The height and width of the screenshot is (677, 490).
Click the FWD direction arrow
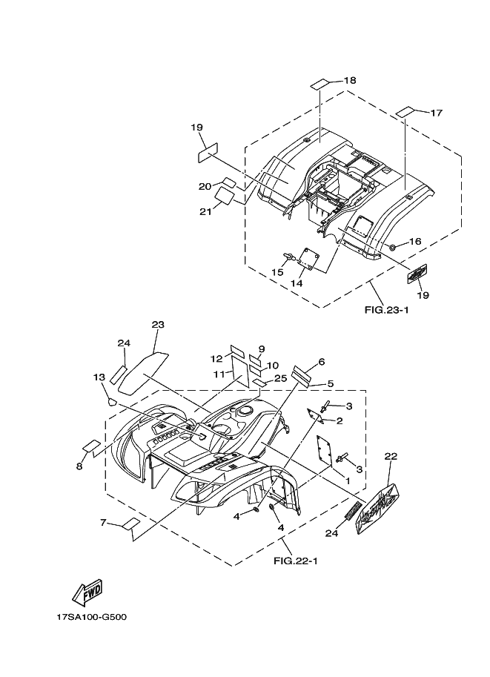[87, 591]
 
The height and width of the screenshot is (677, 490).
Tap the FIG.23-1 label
[385, 310]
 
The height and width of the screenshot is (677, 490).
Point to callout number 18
[349, 80]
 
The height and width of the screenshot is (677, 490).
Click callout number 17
[436, 113]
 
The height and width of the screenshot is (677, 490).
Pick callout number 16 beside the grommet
[415, 242]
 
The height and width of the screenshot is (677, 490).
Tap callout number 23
[157, 325]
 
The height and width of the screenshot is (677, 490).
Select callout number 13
[99, 377]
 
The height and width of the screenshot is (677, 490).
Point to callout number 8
[79, 466]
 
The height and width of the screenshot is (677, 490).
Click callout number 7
[103, 523]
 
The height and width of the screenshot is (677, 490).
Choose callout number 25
[279, 378]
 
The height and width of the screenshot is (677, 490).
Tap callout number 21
[205, 211]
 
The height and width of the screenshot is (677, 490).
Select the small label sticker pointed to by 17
[405, 112]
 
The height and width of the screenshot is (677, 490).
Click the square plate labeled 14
[308, 260]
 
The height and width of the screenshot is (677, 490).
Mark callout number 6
[322, 362]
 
